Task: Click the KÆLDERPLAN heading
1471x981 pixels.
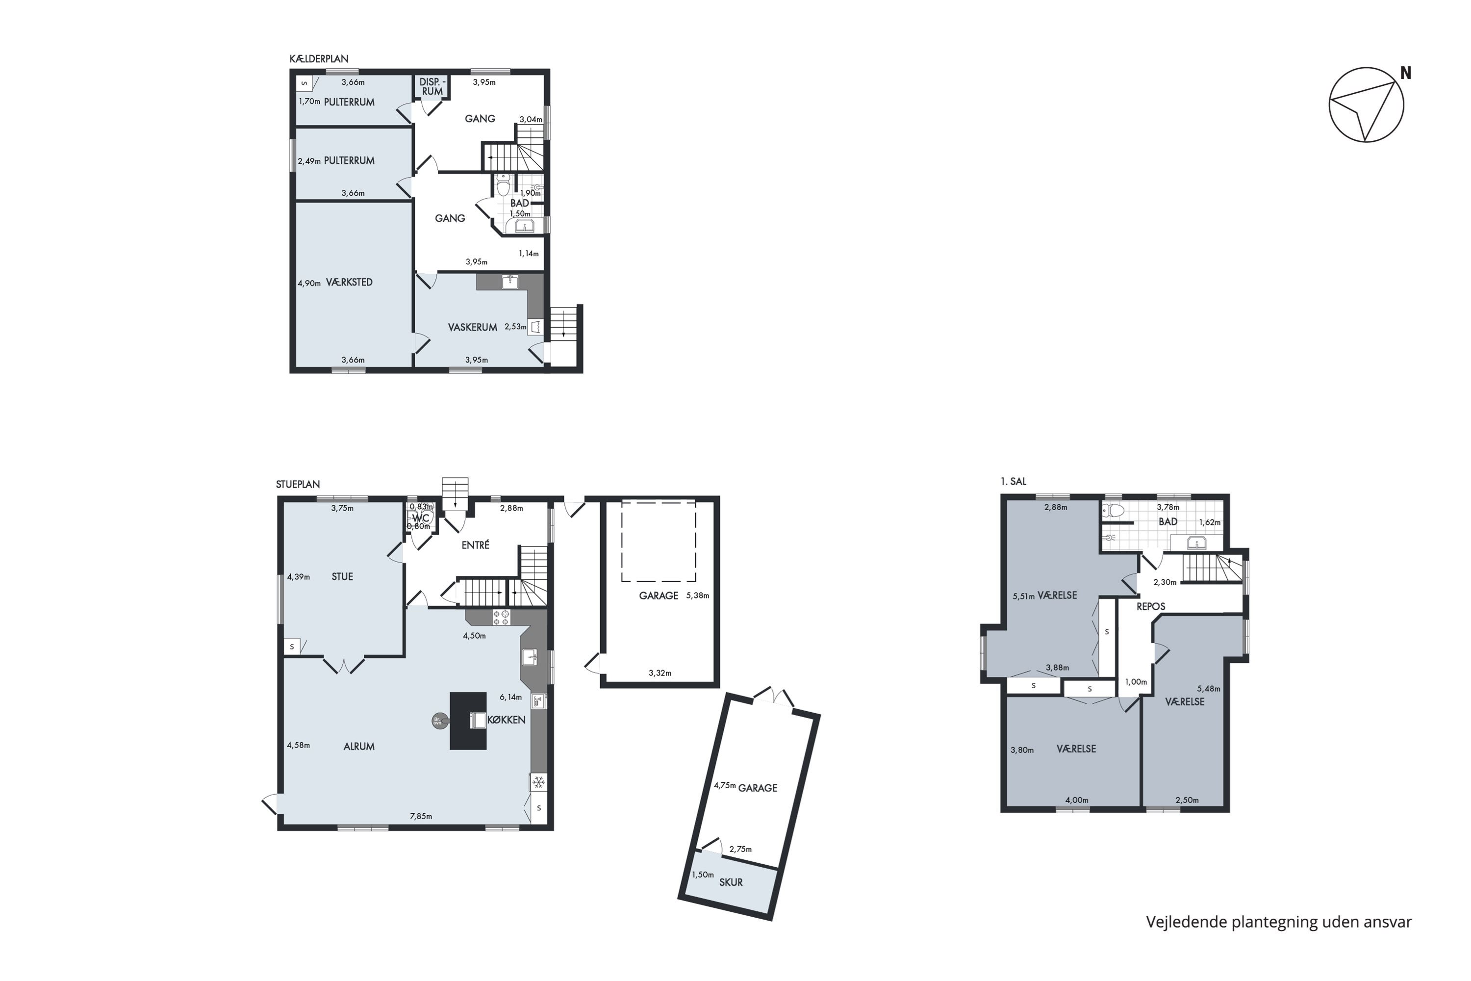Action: (x=319, y=59)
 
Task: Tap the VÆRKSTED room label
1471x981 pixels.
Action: (x=349, y=282)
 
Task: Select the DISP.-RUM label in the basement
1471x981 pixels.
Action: (x=432, y=87)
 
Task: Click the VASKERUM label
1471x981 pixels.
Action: (x=472, y=327)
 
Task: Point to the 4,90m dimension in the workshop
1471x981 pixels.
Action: (x=309, y=284)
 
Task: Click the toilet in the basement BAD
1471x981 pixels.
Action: (x=503, y=185)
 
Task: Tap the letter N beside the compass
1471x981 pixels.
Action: (x=1405, y=73)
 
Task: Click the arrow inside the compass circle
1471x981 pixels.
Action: (x=1367, y=109)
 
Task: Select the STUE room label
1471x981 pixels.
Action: (x=342, y=577)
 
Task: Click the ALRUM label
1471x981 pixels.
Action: (x=359, y=747)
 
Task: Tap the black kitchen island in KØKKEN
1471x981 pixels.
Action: (x=468, y=720)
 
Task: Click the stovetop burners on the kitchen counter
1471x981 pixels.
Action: (x=501, y=617)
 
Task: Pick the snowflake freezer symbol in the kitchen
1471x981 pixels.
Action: (x=538, y=782)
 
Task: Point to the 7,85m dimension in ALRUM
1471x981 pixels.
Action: (x=421, y=817)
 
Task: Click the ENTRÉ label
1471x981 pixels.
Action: (x=475, y=545)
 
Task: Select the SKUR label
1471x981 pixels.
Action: (x=731, y=882)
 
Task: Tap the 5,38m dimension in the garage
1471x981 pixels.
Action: (x=698, y=595)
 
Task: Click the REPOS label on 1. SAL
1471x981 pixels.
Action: (x=1151, y=607)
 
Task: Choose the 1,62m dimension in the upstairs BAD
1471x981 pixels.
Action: (x=1210, y=522)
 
